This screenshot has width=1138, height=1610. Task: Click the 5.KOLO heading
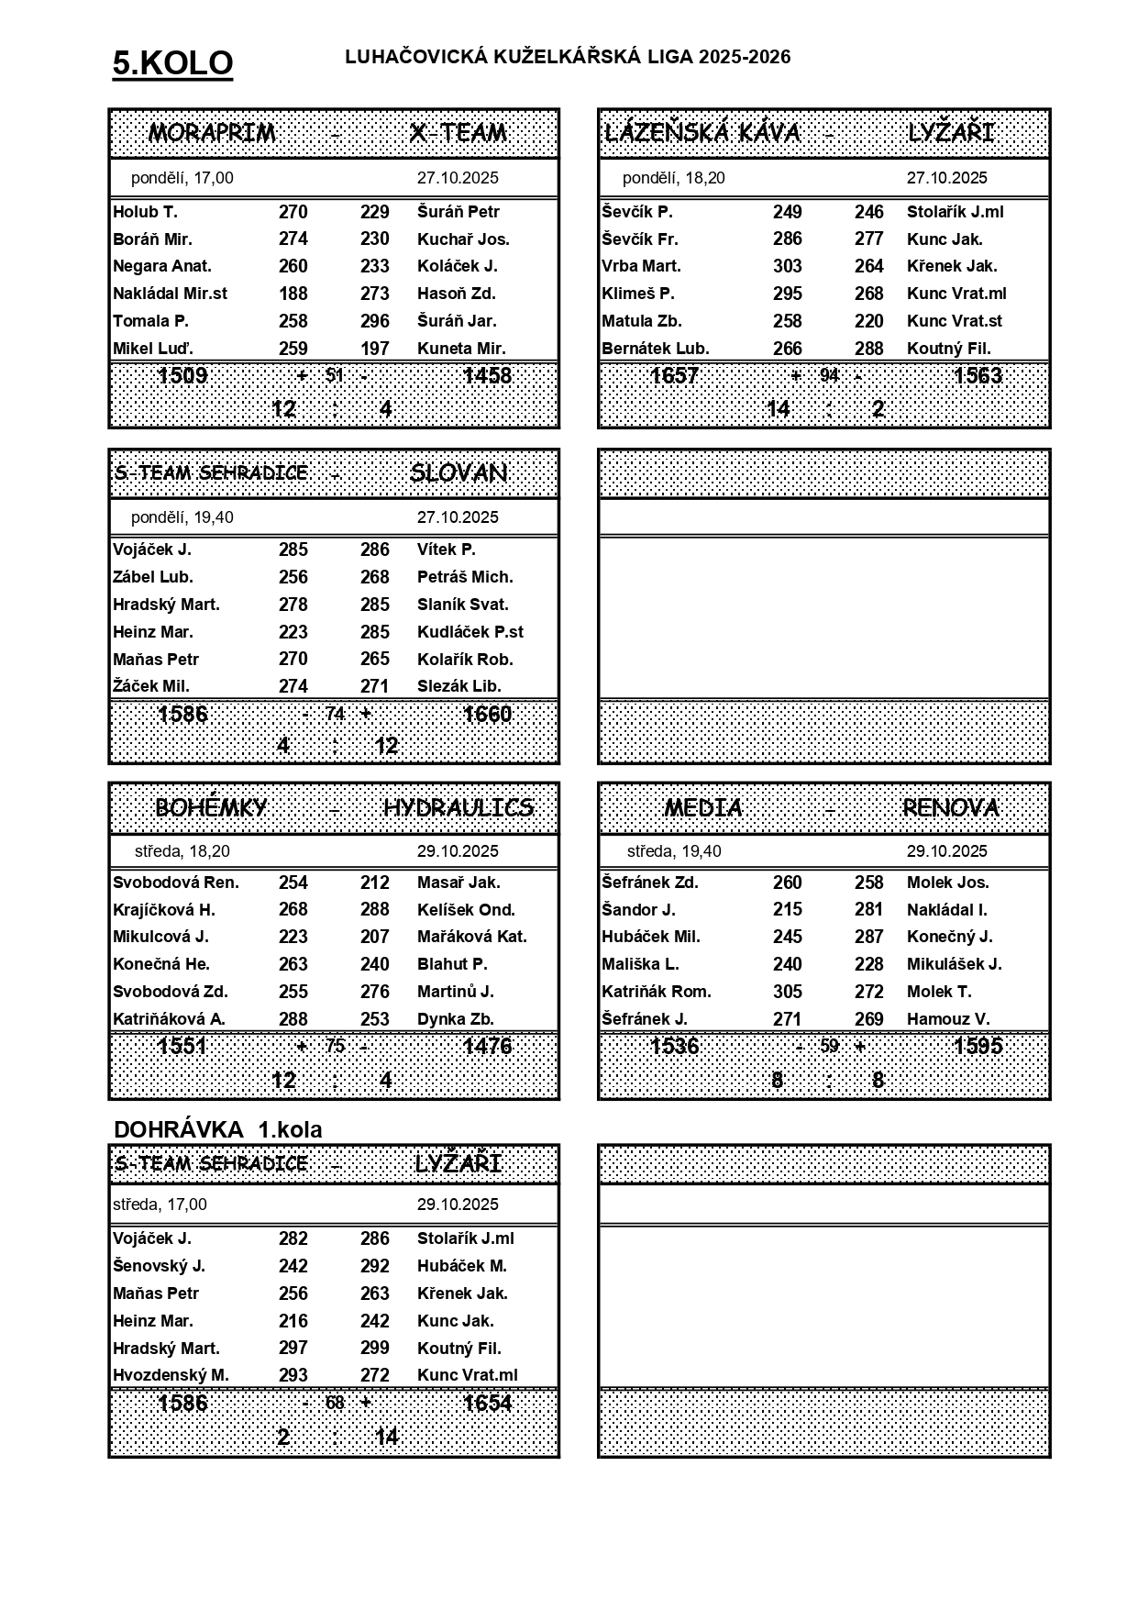(x=172, y=63)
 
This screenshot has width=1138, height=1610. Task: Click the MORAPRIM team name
(x=212, y=133)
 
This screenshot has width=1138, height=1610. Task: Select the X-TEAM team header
(x=459, y=133)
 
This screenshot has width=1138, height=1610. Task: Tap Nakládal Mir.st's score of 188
(x=293, y=294)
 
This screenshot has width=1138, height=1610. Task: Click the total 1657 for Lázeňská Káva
(x=674, y=376)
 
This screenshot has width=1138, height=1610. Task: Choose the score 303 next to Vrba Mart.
(x=787, y=266)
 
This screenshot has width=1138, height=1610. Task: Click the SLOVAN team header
(x=459, y=472)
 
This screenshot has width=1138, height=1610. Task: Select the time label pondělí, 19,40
(x=182, y=517)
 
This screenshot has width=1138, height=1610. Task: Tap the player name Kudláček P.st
(x=470, y=632)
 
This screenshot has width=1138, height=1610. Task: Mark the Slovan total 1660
(x=487, y=715)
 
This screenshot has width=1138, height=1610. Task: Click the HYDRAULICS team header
(x=459, y=807)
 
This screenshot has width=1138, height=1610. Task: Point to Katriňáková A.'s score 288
(x=293, y=1019)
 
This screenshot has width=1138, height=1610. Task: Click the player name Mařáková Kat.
(x=471, y=937)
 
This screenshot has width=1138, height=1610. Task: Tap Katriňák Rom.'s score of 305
(x=787, y=992)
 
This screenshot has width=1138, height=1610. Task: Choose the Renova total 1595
(x=978, y=1047)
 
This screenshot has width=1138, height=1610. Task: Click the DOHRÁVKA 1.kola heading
(x=218, y=1129)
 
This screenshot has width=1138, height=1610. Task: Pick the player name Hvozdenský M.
(x=171, y=1375)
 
